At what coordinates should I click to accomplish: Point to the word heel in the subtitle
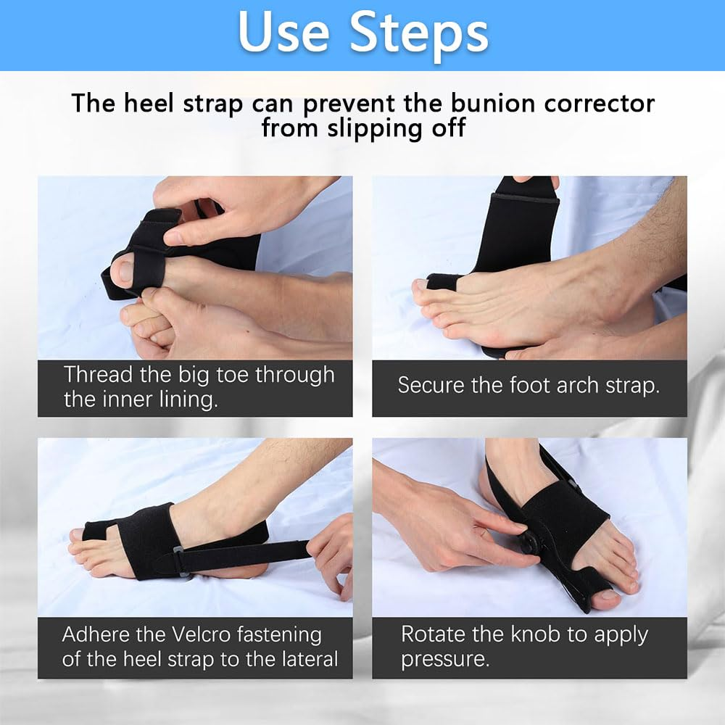pos(145,103)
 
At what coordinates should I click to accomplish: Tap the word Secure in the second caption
pos(431,384)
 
